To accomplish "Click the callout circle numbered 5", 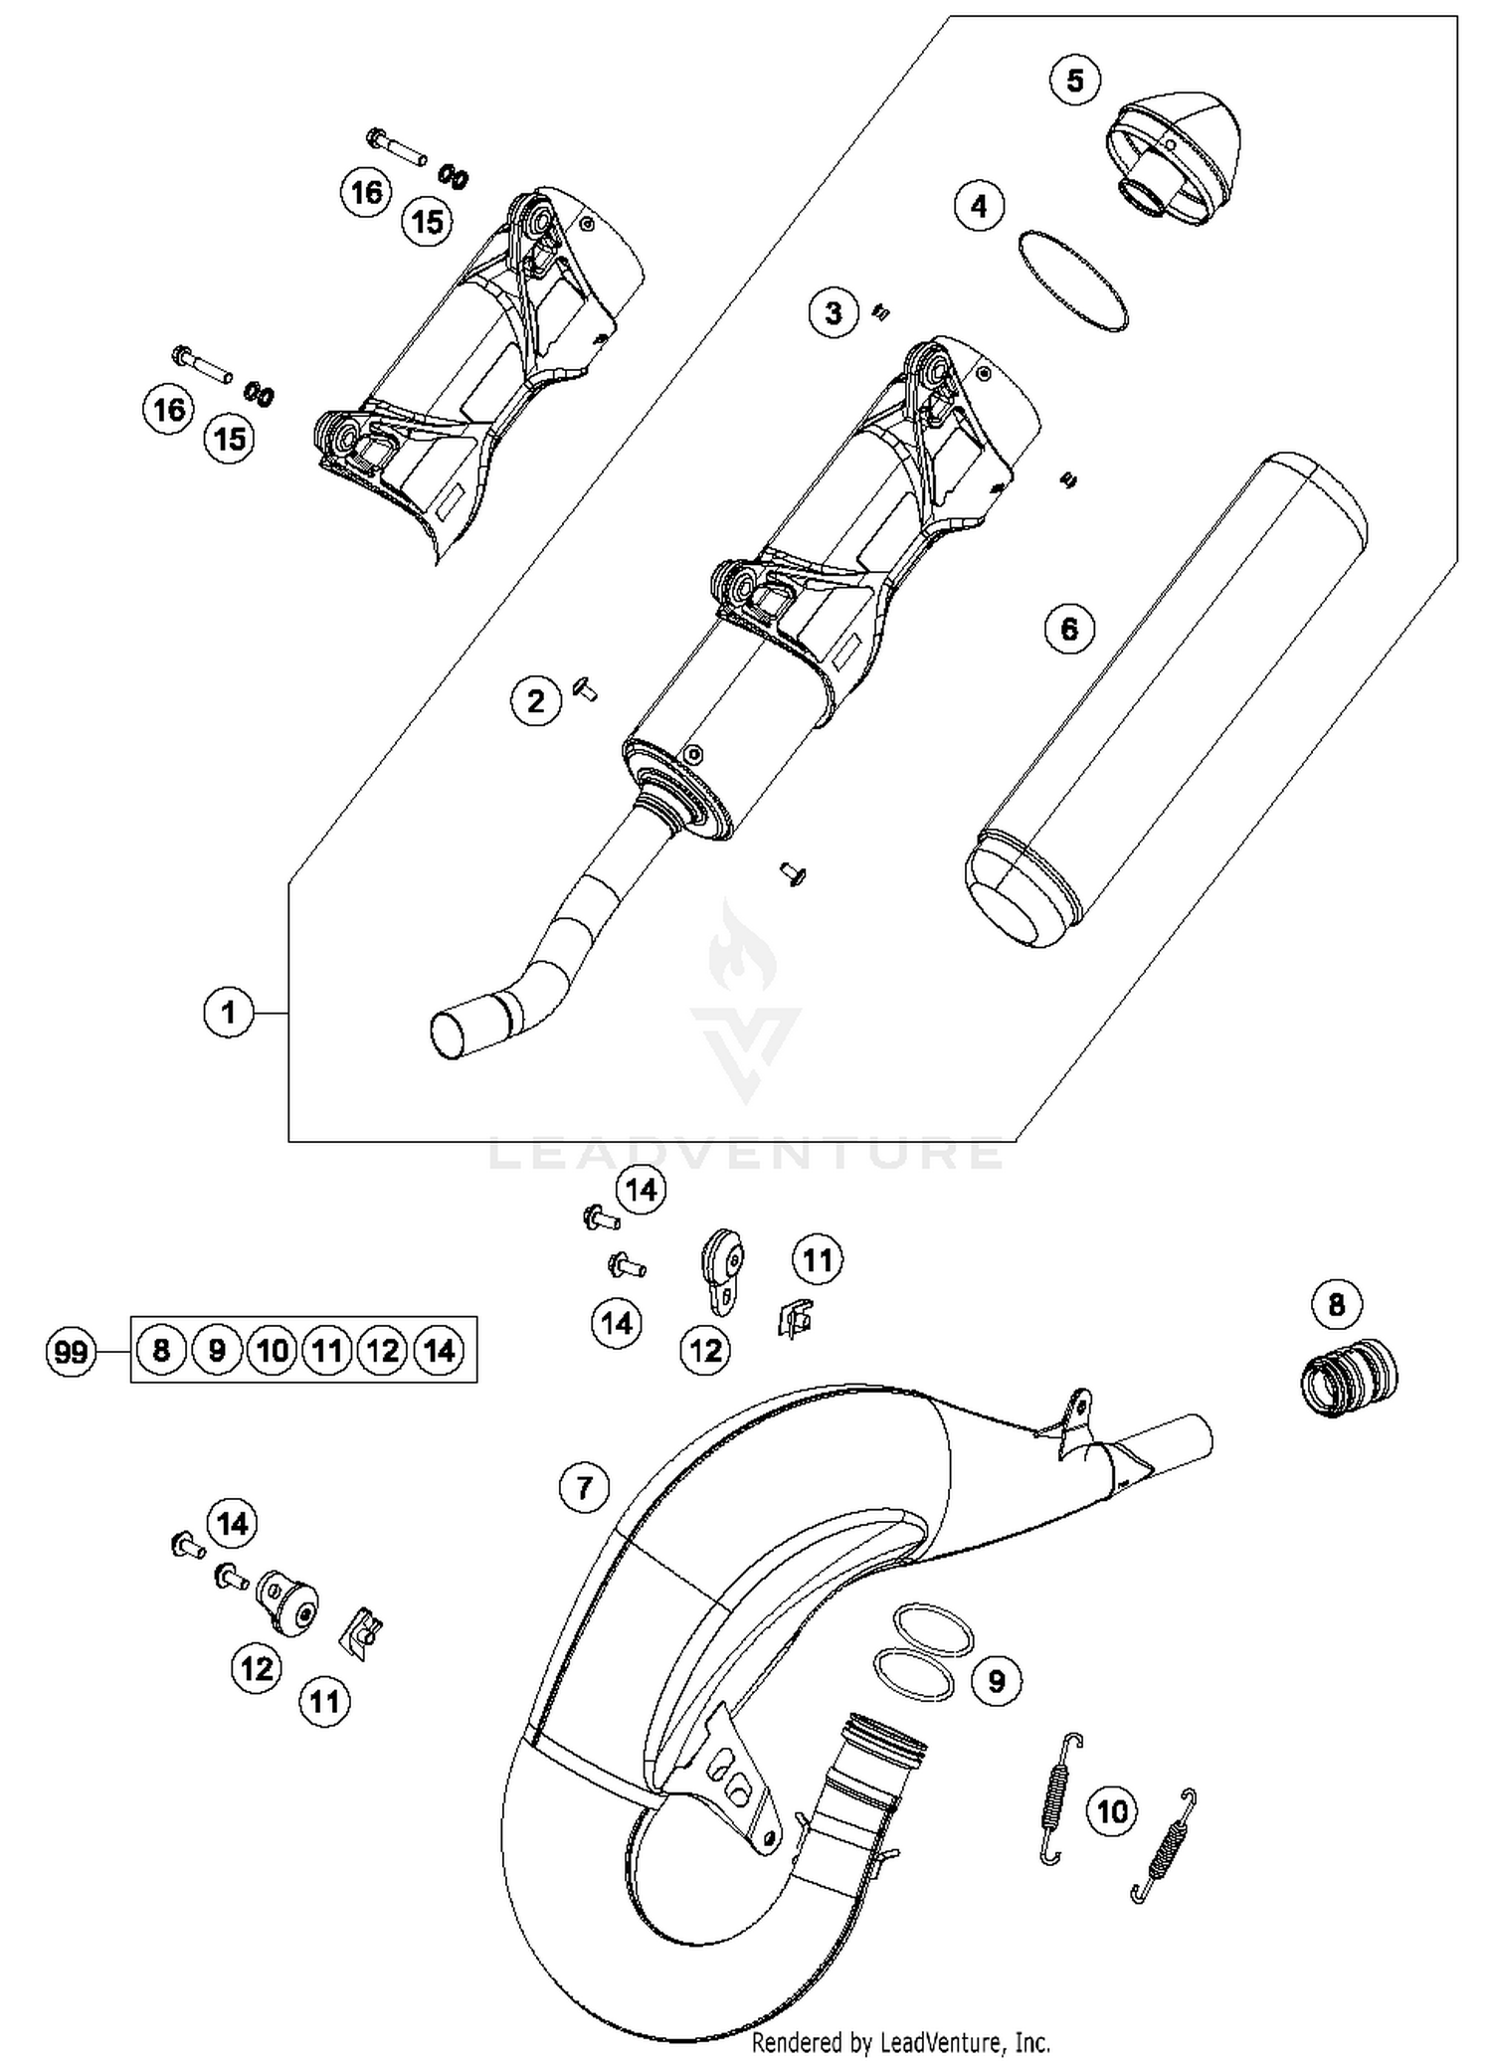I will click(x=1075, y=80).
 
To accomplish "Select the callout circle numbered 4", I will click(x=979, y=206).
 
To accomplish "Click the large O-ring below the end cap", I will click(x=1073, y=281).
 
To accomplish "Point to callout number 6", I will click(x=1069, y=629).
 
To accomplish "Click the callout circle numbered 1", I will click(x=229, y=1013).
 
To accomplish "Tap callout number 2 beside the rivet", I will click(x=536, y=701).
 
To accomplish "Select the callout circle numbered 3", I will click(x=834, y=313).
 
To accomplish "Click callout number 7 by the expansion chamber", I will click(x=584, y=1488).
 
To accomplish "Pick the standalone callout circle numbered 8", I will click(x=1336, y=1304).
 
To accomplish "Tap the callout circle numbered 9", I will click(x=996, y=1681).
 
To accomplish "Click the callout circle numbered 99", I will click(x=71, y=1352).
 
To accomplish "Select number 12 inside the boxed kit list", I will click(x=383, y=1350).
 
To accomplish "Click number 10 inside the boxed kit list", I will click(x=272, y=1350).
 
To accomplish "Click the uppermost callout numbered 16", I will click(x=367, y=191).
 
